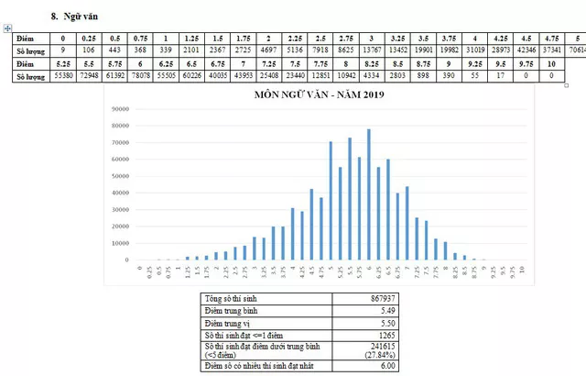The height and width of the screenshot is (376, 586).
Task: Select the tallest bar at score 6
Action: (369, 194)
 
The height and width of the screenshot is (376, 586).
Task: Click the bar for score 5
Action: (331, 201)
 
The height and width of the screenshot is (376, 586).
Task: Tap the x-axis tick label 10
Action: (522, 272)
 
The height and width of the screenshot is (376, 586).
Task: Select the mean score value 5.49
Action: (403, 313)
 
